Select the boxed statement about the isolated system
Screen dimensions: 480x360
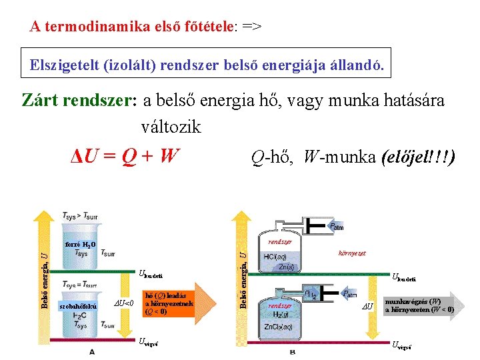tap(206, 65)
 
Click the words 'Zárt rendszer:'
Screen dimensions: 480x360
tap(79, 100)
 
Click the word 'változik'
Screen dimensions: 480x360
tap(171, 127)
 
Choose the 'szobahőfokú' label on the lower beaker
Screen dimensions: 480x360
tap(78, 306)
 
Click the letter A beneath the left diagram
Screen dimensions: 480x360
tap(91, 351)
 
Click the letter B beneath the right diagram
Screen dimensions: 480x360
tap(293, 351)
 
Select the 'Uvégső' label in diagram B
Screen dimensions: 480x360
tap(403, 344)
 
